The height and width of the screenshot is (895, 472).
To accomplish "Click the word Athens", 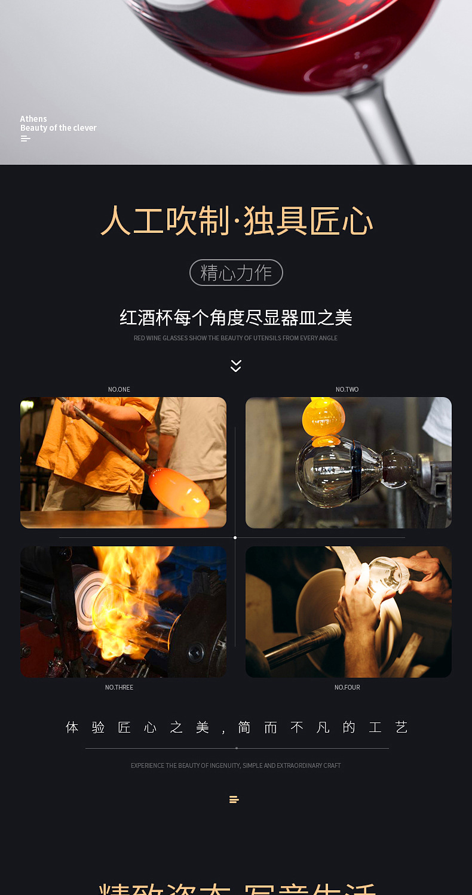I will (x=33, y=119).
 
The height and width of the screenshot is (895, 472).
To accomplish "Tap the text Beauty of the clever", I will (x=58, y=128).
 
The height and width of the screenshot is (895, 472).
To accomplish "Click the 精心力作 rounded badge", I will (x=236, y=273).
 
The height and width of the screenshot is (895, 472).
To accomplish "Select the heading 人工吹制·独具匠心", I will (x=237, y=222).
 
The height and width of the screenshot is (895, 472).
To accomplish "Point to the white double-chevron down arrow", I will (x=236, y=366).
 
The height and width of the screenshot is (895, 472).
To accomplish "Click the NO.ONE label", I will (x=119, y=389).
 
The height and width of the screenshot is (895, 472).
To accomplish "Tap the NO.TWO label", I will (x=347, y=389).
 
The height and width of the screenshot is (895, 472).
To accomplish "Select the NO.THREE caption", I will (x=119, y=687).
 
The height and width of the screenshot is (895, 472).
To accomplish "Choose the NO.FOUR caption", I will (x=347, y=687).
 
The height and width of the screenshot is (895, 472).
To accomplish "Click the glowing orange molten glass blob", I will (x=179, y=493).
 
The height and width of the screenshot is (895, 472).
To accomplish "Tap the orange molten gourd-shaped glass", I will (x=324, y=421).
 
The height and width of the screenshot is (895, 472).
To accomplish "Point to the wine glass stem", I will (x=382, y=125).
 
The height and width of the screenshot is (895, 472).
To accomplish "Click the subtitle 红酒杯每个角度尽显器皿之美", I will (x=236, y=318).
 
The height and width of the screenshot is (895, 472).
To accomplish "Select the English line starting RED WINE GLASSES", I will (x=235, y=338).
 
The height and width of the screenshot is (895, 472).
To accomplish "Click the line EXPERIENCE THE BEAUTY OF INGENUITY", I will (x=235, y=765).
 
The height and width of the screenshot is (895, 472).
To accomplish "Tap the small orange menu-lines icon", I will (x=234, y=799).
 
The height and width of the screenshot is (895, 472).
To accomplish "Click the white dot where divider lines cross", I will (x=235, y=537).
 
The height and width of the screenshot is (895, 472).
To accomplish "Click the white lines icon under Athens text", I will (x=25, y=139).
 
